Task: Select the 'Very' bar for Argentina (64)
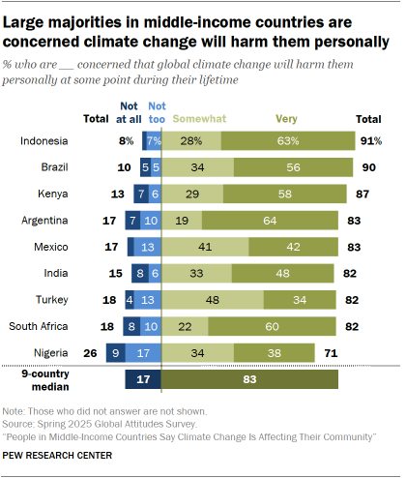tap(278, 220)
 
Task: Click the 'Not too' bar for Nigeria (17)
tap(143, 351)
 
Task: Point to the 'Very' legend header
tap(260, 116)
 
